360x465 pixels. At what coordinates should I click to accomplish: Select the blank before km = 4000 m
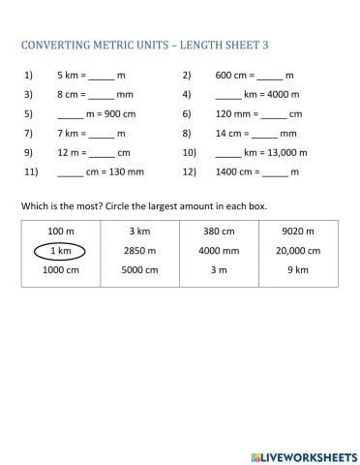[227, 95]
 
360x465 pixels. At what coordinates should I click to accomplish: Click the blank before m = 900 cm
[71, 114]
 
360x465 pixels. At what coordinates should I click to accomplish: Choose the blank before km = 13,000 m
[227, 153]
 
